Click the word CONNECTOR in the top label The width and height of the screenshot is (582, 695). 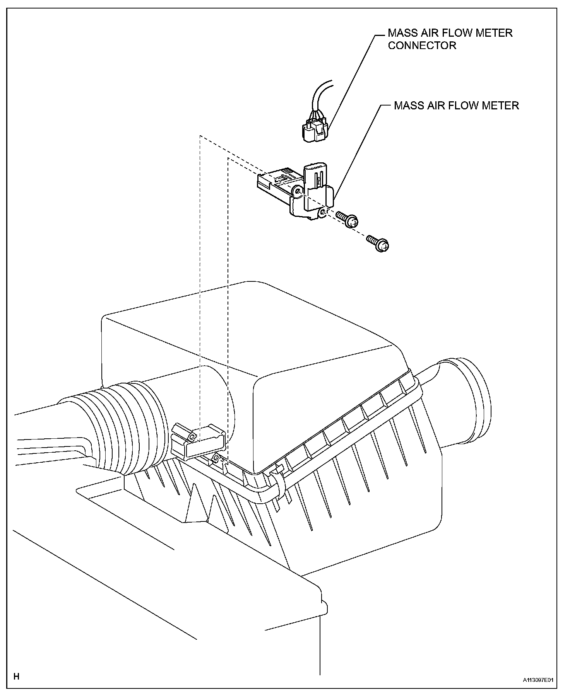pos(422,46)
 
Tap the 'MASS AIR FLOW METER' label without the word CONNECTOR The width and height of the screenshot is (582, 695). pos(456,106)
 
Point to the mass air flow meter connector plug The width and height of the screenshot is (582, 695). pos(314,129)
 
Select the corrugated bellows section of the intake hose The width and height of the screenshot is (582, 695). pos(124,425)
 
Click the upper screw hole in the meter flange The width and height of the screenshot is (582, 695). pos(297,191)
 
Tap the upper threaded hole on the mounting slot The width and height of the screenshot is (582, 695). pos(192,437)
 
